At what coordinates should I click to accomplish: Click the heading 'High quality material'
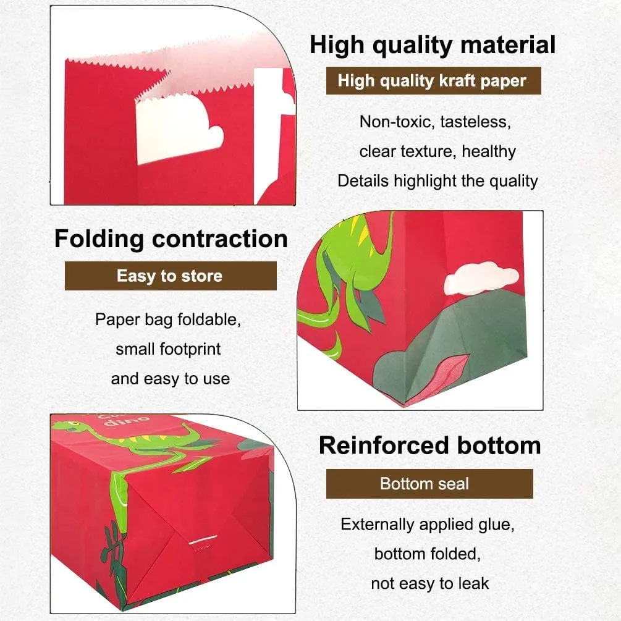433,45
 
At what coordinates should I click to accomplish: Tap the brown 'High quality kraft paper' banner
433,81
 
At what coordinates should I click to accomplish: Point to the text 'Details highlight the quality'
437,181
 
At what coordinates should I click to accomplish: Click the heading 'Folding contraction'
171,239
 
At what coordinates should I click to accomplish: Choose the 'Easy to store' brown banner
171,276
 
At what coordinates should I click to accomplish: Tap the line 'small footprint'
168,349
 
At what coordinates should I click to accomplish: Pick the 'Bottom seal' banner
429,484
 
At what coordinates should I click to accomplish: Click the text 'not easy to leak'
430,583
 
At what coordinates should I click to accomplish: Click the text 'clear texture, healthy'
437,151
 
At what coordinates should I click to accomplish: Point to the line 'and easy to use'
171,379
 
